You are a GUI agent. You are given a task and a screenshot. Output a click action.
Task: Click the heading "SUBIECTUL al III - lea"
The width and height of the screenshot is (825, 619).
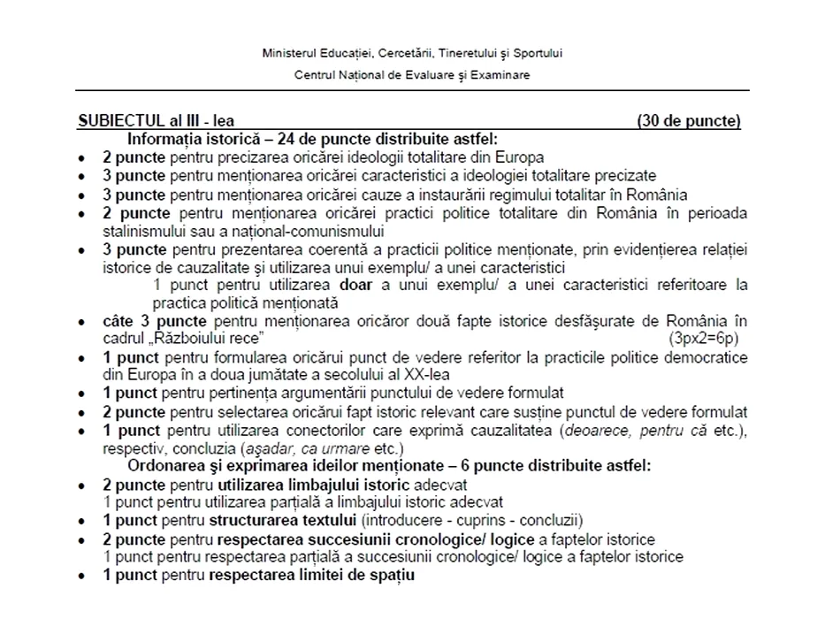tap(156, 122)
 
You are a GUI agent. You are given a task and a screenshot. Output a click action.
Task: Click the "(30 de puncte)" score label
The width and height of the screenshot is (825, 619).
tap(688, 122)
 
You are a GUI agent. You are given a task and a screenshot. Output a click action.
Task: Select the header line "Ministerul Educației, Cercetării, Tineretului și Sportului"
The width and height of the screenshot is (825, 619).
tap(412, 53)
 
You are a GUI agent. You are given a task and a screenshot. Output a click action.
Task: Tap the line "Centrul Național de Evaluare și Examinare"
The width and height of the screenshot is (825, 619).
tap(412, 75)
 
